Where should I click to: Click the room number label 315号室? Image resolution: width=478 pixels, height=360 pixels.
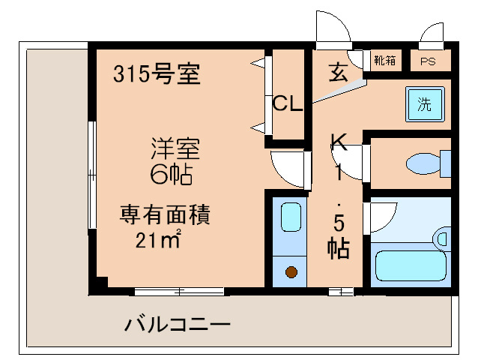pyautogui.click(x=157, y=74)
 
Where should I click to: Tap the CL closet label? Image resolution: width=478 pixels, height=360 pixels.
pyautogui.click(x=287, y=103)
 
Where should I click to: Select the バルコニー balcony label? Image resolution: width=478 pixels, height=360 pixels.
pyautogui.click(x=177, y=325)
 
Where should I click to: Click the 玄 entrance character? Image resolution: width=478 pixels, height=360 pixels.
pyautogui.click(x=338, y=73)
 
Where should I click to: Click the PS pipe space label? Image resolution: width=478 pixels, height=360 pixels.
pyautogui.click(x=428, y=61)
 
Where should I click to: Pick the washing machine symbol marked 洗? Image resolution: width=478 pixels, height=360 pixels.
pyautogui.click(x=424, y=105)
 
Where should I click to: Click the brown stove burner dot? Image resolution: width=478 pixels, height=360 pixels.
pyautogui.click(x=291, y=271)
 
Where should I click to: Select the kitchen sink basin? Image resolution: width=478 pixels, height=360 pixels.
pyautogui.click(x=291, y=218)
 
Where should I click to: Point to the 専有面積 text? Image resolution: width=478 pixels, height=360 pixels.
pyautogui.click(x=166, y=215)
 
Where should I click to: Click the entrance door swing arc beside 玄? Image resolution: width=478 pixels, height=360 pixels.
pyautogui.click(x=333, y=30)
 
